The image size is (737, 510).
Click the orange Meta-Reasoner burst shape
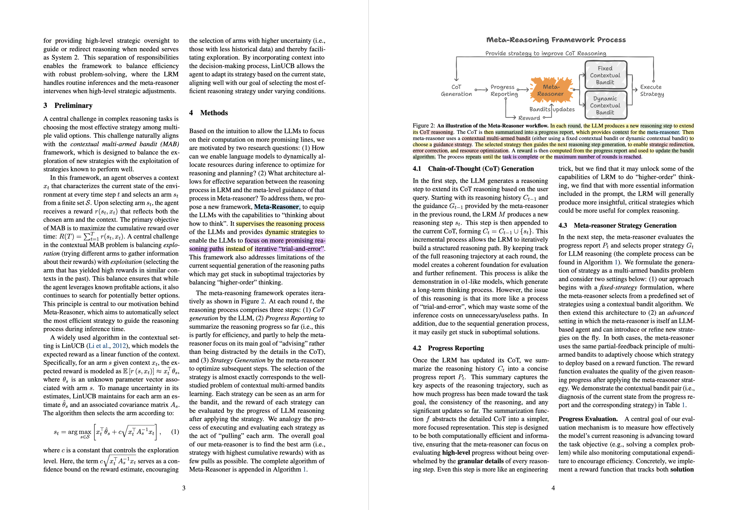pyautogui.click(x=551, y=90)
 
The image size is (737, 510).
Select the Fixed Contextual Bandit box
pyautogui.click(x=605, y=75)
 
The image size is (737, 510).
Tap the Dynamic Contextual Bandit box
pyautogui.click(x=605, y=105)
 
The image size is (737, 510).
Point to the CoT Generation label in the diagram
pyautogui.click(x=456, y=90)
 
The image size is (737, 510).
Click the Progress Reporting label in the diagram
pyautogui.click(x=504, y=90)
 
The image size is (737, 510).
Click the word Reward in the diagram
pyautogui.click(x=529, y=118)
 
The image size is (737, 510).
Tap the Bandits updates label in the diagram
pyautogui.click(x=552, y=109)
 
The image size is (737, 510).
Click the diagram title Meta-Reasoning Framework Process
pyautogui.click(x=556, y=40)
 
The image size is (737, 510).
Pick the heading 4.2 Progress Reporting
pyautogui.click(x=448, y=348)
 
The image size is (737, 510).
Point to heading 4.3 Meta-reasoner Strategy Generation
pyautogui.click(x=617, y=225)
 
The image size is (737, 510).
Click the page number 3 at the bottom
pyautogui.click(x=184, y=488)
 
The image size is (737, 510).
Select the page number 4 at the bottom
pyautogui.click(x=553, y=488)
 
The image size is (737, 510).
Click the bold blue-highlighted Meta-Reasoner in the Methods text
pyautogui.click(x=277, y=207)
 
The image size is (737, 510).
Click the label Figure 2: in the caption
pyautogui.click(x=424, y=125)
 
